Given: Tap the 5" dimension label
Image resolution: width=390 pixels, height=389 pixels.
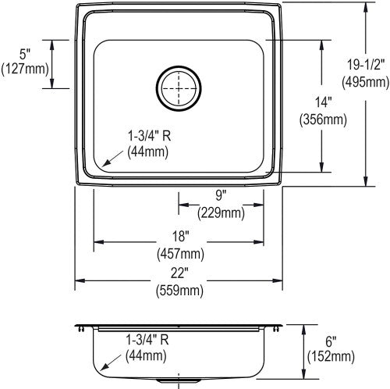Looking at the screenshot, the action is click(25, 55).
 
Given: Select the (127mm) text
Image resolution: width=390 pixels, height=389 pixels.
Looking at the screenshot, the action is click(25, 69).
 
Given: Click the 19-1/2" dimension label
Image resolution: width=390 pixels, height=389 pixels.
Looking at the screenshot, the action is click(366, 64).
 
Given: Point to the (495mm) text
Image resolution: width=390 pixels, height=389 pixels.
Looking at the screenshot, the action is click(366, 82).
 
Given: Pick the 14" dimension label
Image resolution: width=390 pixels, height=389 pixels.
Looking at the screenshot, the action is click(323, 102).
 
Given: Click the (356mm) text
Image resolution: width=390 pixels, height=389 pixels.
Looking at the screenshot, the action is click(323, 120).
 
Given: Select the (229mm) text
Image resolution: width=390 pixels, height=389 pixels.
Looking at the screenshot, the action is click(221, 213).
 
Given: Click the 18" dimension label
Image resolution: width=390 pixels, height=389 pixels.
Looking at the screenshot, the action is click(180, 236).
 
